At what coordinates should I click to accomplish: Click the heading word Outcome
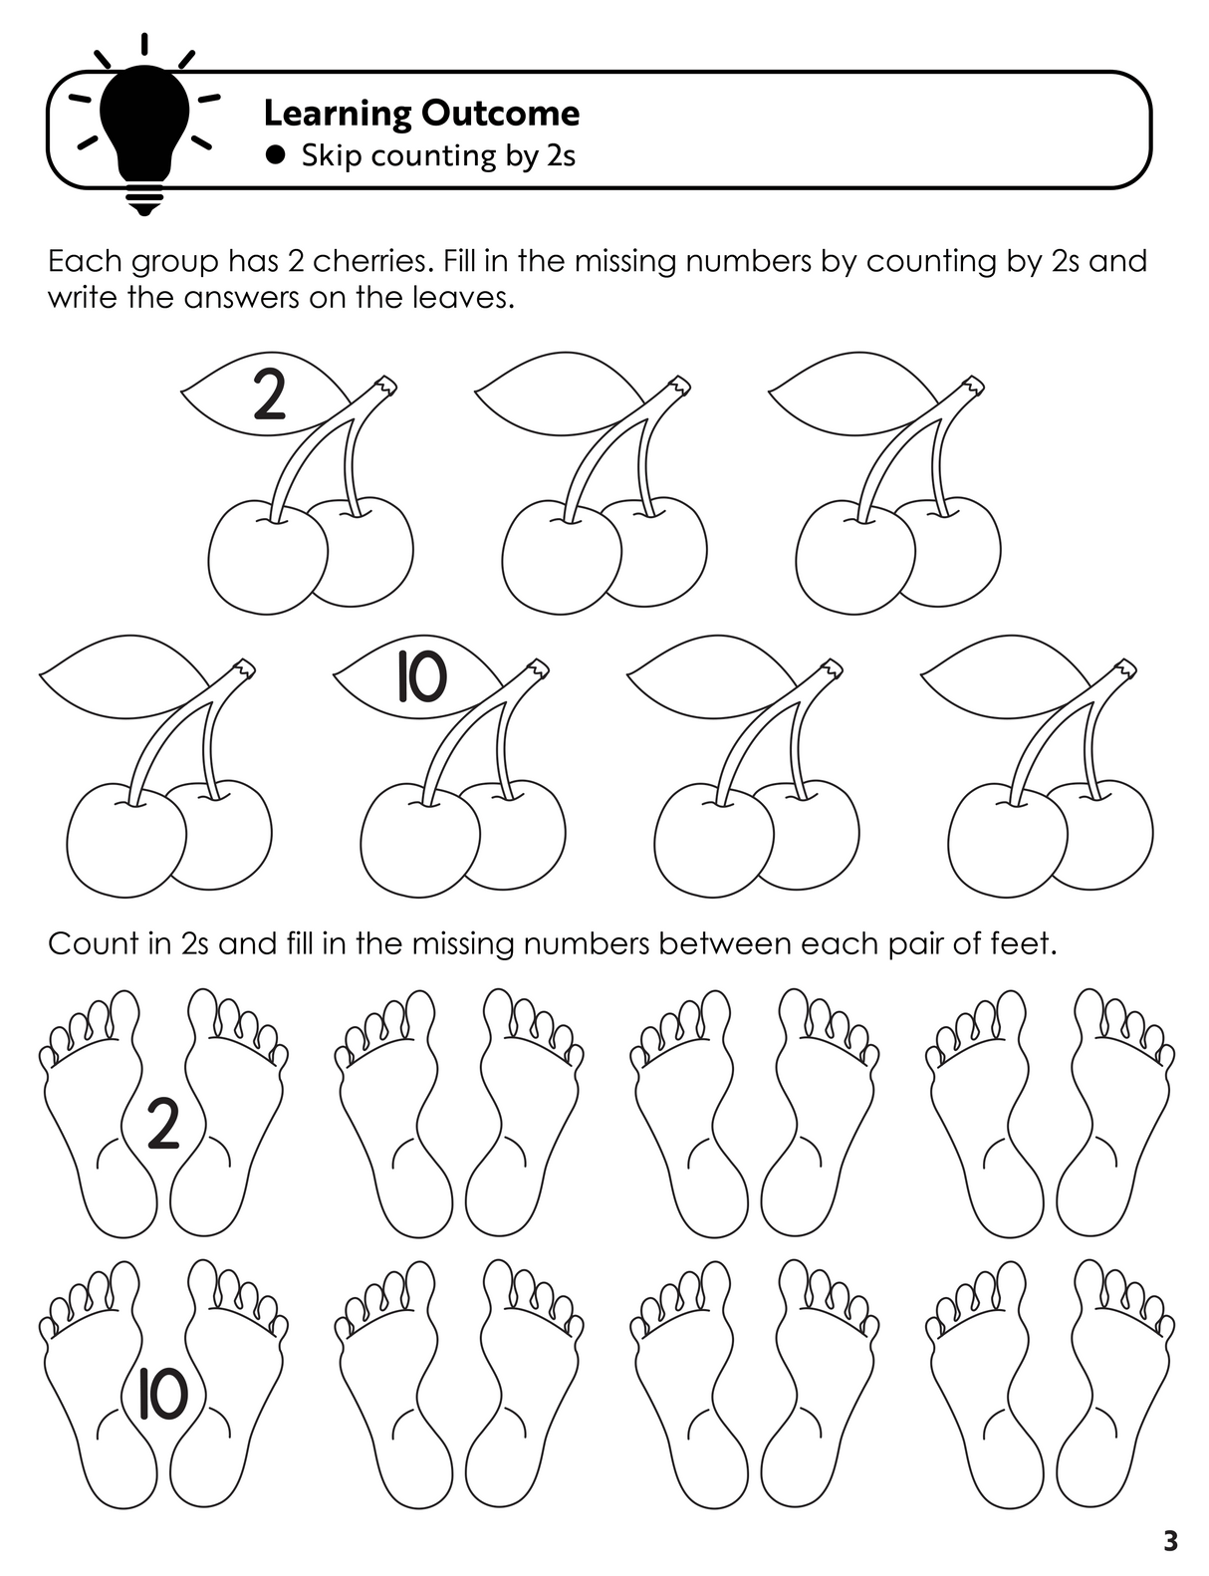point(500,114)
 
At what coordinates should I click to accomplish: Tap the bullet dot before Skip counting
point(275,155)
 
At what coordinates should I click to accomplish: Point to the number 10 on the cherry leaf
point(422,677)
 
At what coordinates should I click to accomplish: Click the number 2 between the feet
point(163,1124)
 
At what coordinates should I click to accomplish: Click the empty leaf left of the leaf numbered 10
point(124,676)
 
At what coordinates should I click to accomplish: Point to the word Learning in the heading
point(338,115)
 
